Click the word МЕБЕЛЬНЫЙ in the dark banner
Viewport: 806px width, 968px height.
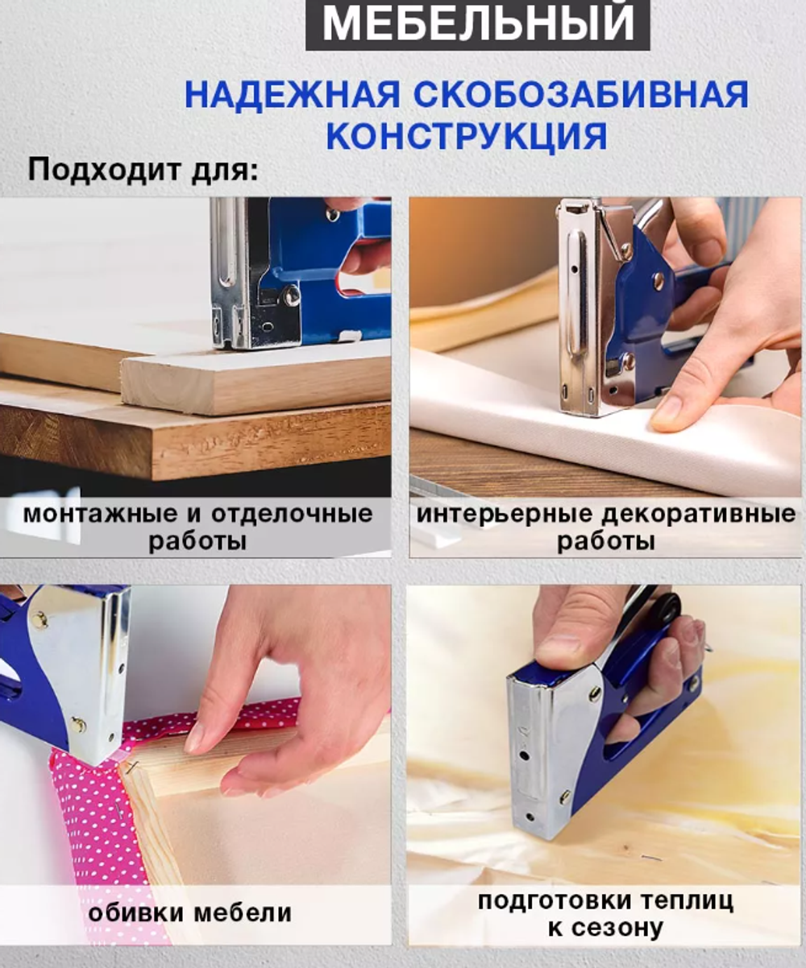(477, 24)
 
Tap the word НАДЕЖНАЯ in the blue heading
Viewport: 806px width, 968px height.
(292, 95)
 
